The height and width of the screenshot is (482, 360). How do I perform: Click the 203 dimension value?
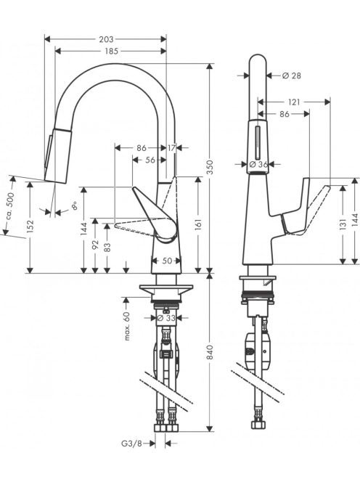click(106, 39)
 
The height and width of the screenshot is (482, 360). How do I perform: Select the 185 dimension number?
click(111, 51)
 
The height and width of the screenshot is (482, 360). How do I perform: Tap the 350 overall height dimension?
click(210, 167)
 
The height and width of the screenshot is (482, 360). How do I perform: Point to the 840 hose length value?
click(210, 352)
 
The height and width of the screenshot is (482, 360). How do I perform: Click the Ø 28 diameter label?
click(291, 75)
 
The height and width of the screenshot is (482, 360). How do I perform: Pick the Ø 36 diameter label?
click(258, 165)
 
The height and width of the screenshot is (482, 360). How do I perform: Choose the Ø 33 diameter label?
click(166, 318)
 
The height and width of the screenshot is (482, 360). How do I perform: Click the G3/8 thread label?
click(132, 444)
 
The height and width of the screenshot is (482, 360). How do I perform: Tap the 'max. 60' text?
click(127, 326)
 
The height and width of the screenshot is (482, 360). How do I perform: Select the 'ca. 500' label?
click(10, 206)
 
